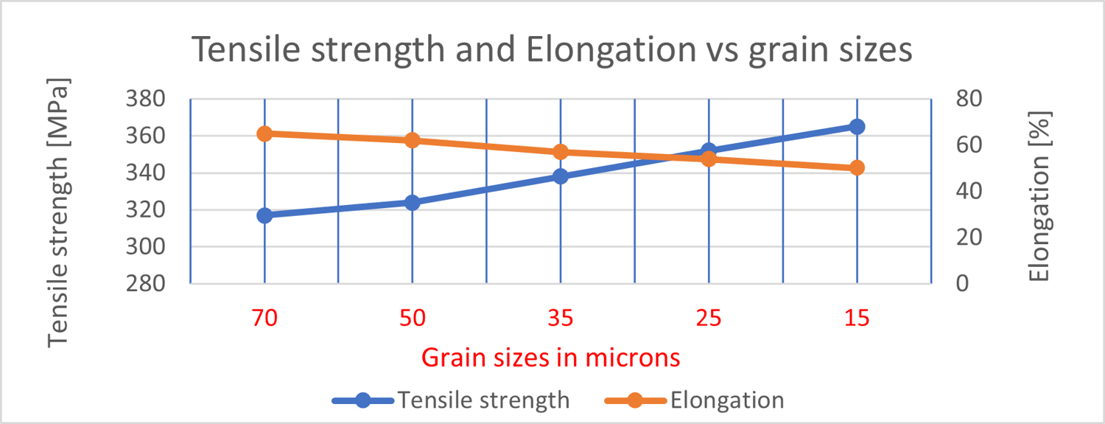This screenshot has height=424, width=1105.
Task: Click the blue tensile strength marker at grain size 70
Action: click(264, 215)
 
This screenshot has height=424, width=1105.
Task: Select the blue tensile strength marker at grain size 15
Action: click(857, 127)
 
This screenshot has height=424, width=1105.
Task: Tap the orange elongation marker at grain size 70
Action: click(264, 133)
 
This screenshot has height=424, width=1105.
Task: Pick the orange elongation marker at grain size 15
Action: click(857, 168)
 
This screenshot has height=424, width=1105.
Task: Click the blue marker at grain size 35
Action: click(561, 176)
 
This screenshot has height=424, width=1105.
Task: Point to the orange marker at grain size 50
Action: click(413, 140)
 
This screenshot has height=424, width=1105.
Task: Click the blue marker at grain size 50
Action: click(413, 203)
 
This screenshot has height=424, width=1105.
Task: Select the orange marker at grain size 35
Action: click(561, 152)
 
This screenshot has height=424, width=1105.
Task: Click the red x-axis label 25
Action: click(709, 319)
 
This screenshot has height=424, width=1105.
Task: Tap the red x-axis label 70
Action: click(264, 319)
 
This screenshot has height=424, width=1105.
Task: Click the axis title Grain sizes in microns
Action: click(550, 358)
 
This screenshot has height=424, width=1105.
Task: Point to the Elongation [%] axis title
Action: click(1039, 196)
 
